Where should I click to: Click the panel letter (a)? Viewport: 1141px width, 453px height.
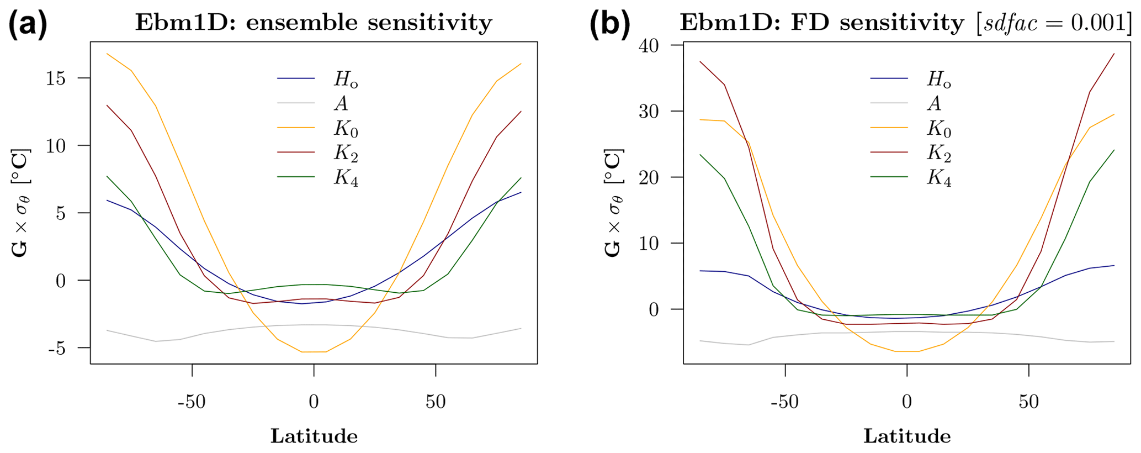(28, 24)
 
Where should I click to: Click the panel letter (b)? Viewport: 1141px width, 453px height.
(609, 24)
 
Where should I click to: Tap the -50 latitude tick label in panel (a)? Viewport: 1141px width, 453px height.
(192, 402)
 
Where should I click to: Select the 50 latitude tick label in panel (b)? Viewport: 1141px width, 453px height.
(1029, 402)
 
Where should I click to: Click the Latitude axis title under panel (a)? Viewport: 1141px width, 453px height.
(314, 436)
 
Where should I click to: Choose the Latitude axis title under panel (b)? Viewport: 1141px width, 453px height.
(907, 436)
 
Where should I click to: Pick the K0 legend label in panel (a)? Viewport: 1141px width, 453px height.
(346, 129)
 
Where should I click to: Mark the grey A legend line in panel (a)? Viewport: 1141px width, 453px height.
(296, 103)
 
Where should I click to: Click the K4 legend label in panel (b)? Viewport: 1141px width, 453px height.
(939, 178)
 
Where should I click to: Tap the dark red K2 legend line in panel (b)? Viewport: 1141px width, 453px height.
(889, 152)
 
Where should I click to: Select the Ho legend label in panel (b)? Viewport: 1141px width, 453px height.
(939, 80)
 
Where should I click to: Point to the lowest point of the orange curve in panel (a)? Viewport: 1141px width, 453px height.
(314, 352)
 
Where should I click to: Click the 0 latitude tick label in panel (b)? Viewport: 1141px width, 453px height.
(907, 402)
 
